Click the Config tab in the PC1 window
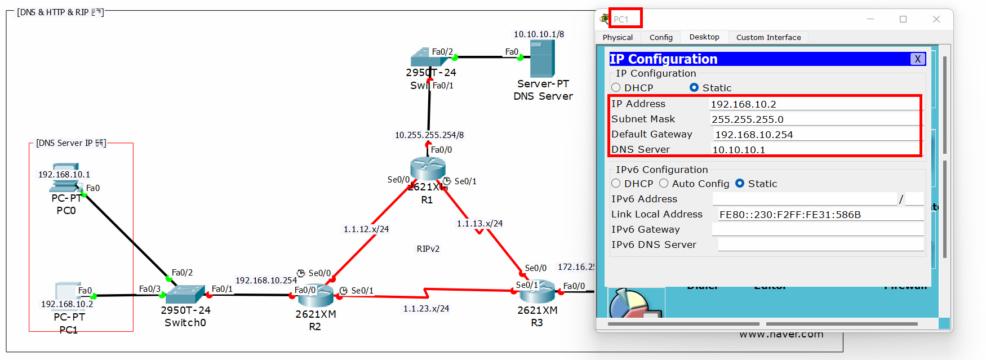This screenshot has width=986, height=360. [x=661, y=37]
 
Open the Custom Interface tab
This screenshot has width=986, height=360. [x=768, y=37]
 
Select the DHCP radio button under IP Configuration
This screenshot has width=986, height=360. [x=616, y=87]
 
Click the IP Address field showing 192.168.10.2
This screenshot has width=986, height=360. [x=814, y=104]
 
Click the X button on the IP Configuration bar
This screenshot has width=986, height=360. [x=917, y=59]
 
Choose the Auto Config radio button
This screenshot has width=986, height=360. [x=664, y=184]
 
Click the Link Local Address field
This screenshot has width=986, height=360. [x=820, y=215]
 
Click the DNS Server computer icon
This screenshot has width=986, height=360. [x=542, y=59]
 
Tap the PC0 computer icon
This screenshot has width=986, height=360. [x=66, y=178]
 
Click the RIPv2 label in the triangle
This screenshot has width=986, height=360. [x=428, y=249]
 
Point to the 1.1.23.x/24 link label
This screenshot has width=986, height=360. [x=426, y=309]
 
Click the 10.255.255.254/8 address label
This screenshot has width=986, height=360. [x=429, y=135]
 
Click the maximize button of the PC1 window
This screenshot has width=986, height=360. [x=903, y=19]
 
